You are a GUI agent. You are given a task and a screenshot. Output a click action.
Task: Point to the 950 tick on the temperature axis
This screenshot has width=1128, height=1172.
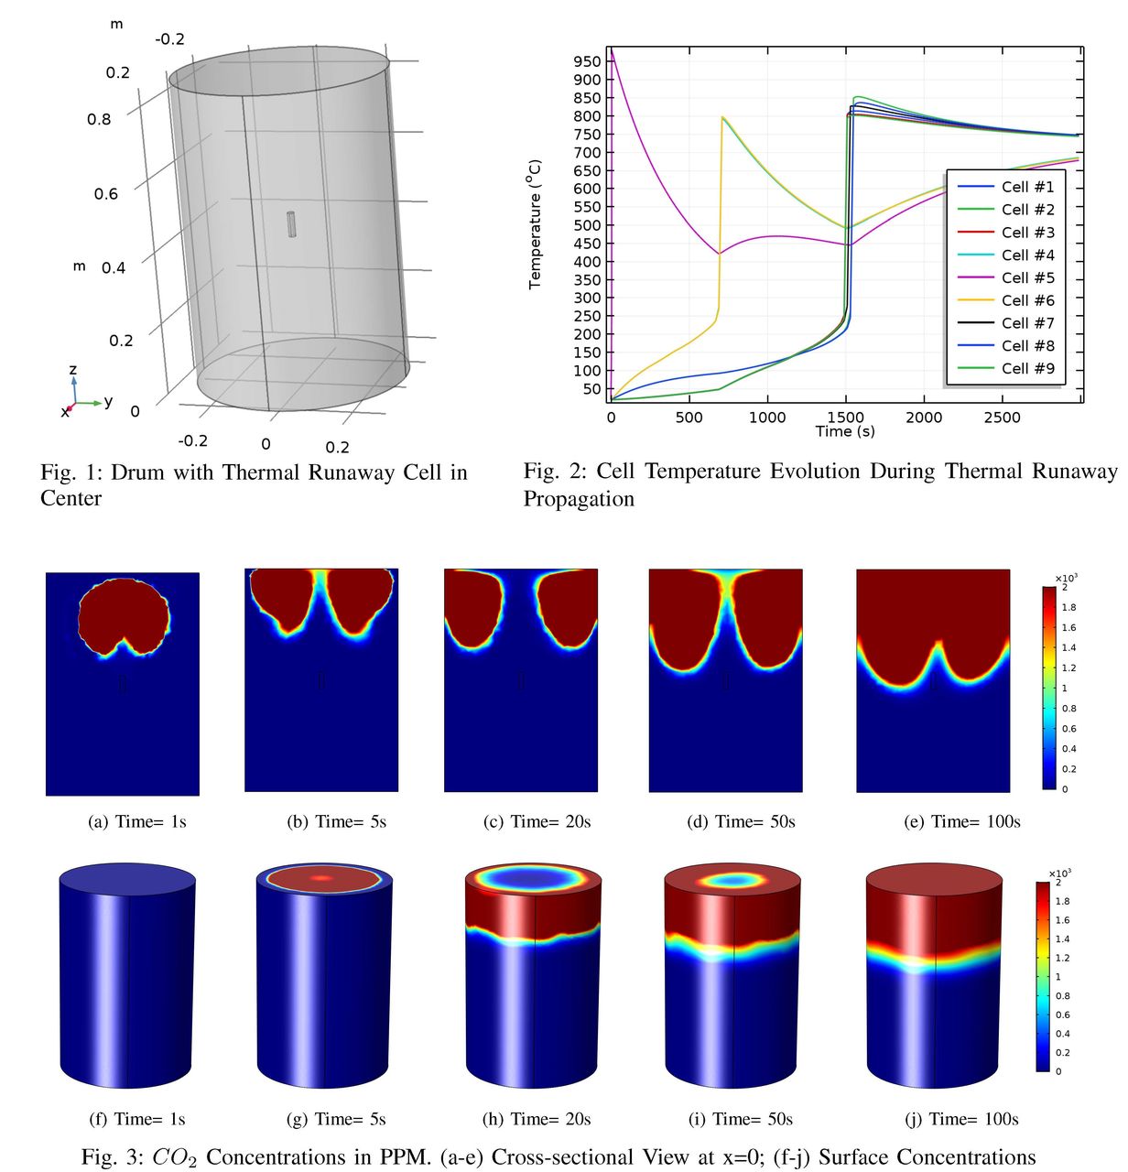(588, 61)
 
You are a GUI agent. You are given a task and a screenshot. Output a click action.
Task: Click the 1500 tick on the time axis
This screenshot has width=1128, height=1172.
(844, 418)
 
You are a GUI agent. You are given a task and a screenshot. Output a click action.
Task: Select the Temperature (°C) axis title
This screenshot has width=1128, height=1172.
(536, 224)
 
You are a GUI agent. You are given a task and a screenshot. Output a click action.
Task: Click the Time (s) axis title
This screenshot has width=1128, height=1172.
(844, 431)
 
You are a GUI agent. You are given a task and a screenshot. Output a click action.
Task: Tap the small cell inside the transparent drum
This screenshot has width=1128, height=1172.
(291, 223)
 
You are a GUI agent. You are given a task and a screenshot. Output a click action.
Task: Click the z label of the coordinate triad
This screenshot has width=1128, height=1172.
(73, 370)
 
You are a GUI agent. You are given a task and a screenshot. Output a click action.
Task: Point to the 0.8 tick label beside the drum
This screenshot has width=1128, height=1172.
(99, 119)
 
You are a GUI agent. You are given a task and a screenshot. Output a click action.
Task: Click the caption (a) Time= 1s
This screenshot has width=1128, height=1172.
(137, 821)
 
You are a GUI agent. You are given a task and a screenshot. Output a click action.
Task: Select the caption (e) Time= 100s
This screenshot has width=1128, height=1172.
(962, 821)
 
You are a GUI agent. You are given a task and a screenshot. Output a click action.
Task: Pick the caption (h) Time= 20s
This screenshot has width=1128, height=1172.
(537, 1119)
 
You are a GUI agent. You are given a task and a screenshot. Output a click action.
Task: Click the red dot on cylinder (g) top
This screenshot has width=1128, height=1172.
(321, 878)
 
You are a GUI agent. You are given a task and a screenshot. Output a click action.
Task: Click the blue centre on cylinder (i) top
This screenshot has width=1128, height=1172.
(732, 880)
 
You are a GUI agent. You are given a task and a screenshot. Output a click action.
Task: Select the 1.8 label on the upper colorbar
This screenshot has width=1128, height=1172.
(1068, 607)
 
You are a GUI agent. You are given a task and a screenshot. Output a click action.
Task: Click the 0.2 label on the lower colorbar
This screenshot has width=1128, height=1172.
(1062, 1052)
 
